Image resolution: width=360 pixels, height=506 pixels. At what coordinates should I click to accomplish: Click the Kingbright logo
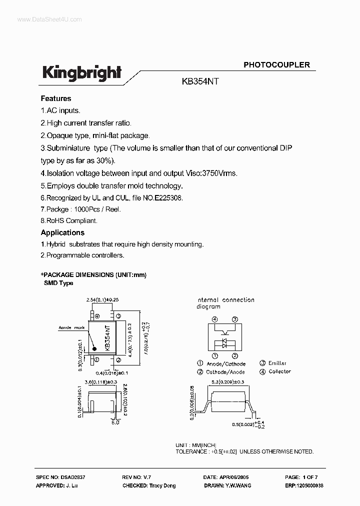(x=81, y=73)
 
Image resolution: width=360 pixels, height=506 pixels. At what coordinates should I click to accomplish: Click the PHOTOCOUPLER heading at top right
(x=276, y=64)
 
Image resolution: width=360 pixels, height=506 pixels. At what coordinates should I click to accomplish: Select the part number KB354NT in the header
(x=201, y=82)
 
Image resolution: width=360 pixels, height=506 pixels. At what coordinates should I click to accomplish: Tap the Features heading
(x=56, y=98)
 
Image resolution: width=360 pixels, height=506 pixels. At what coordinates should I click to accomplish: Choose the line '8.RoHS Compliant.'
(x=69, y=220)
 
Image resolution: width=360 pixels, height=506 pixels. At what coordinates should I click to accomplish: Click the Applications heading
(x=62, y=232)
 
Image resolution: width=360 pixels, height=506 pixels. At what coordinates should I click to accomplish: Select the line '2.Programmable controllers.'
(x=82, y=255)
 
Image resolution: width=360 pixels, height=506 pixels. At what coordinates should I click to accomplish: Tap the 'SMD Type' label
(x=59, y=283)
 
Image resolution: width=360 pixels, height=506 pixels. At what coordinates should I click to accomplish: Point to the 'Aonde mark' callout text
(x=71, y=328)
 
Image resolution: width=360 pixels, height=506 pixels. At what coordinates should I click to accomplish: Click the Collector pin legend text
(x=279, y=371)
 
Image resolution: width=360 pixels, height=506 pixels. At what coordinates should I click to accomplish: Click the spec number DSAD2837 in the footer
(x=73, y=478)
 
